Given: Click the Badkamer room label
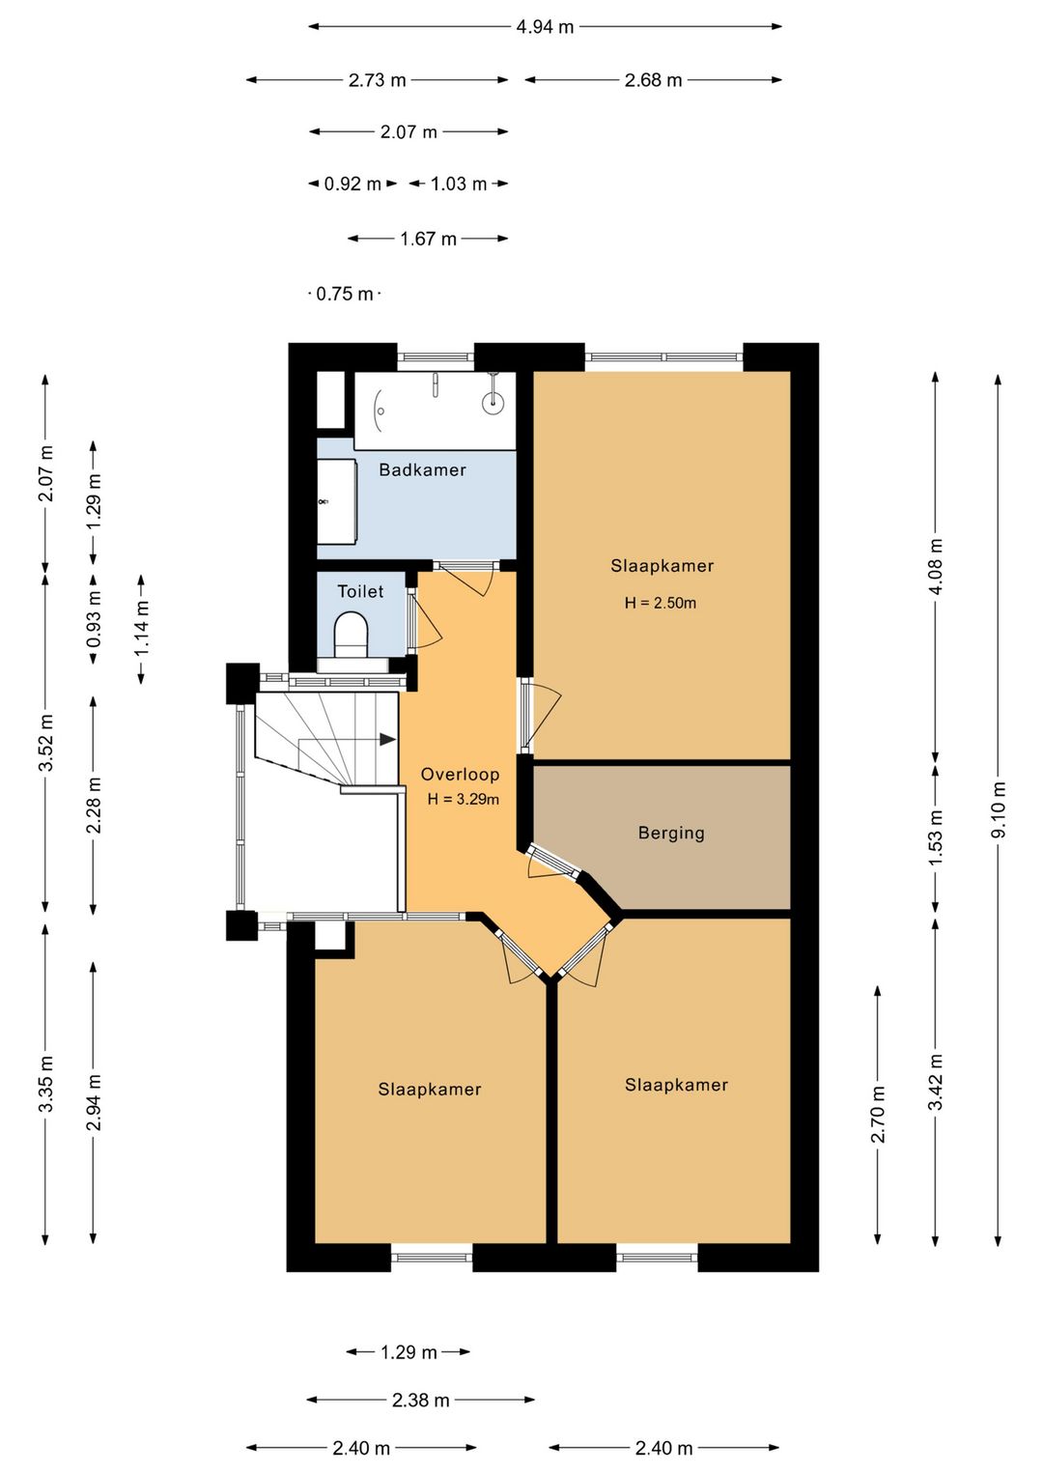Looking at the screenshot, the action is pos(422,469).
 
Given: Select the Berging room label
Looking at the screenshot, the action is pos(671,834).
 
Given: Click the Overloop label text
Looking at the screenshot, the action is pos(460,775).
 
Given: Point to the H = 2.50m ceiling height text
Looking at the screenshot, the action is pos(660,603).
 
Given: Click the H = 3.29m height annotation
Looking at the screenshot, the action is pos(464,800).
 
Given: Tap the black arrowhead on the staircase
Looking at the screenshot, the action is pos(387,740).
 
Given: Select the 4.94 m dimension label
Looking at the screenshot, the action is pos(545,27).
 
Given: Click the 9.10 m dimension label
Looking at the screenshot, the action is pos(999,809).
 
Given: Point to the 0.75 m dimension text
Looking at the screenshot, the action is pos(344,294).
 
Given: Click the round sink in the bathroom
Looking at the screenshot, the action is pos(493,401).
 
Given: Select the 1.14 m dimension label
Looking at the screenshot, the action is pos(141,629).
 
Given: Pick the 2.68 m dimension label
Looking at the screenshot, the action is pos(653,80).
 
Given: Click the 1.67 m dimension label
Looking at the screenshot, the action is pos(428,239).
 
